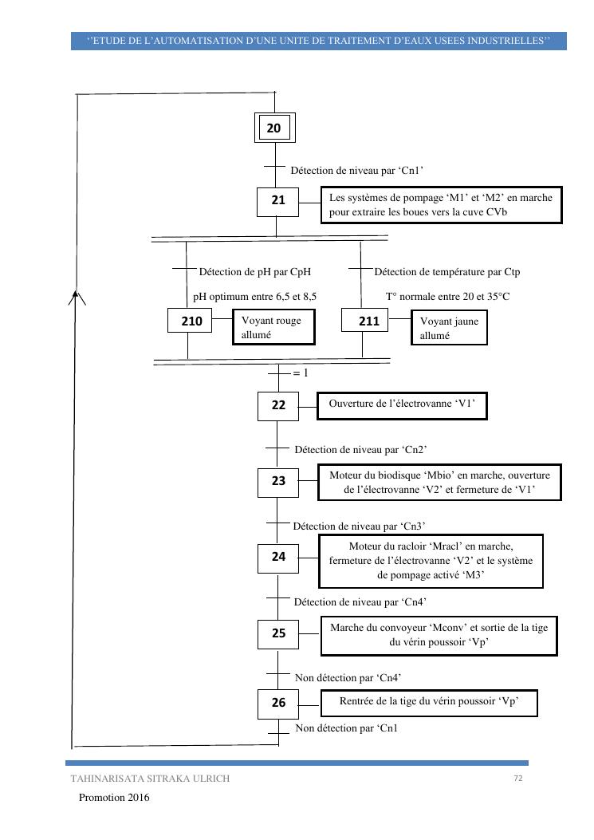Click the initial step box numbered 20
[x=274, y=128]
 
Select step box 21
[x=277, y=201]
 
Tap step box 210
[x=191, y=321]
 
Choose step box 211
[x=363, y=321]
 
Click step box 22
[x=277, y=405]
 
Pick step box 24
[x=277, y=558]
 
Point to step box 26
[x=277, y=703]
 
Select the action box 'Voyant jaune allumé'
[x=450, y=329]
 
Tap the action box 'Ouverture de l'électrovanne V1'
[x=402, y=404]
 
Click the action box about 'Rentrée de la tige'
[x=429, y=702]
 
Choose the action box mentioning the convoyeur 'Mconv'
[x=439, y=635]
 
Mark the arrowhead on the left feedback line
[x=75, y=297]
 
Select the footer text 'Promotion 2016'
[x=114, y=797]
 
